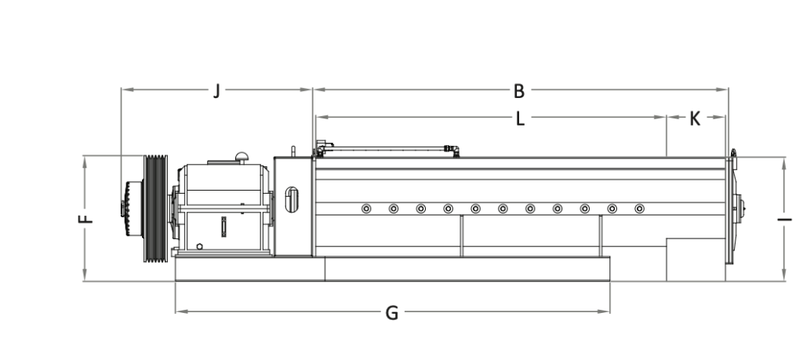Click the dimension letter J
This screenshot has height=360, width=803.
tap(216, 91)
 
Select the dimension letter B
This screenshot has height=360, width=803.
tap(519, 91)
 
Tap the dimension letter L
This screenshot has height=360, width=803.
tap(520, 118)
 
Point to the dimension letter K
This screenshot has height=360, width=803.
tap(695, 118)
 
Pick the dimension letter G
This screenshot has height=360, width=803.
tap(392, 313)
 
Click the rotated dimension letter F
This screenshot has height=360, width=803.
tap(85, 219)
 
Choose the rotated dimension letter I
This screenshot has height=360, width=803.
tap(784, 220)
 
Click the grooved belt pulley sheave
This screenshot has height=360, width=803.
tap(155, 209)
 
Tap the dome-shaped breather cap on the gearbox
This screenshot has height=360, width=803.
tap(242, 157)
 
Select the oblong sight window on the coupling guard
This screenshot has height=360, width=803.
tap(292, 200)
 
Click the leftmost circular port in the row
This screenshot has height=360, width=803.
tap(366, 209)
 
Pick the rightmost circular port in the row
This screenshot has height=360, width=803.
tap(639, 209)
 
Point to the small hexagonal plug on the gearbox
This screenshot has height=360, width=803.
tap(199, 246)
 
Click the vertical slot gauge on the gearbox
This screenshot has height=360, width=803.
tap(223, 227)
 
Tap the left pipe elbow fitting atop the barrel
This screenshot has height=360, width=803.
tap(322, 148)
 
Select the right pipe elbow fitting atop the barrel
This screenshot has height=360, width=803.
tap(452, 150)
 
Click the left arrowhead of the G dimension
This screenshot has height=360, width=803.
tap(180, 311)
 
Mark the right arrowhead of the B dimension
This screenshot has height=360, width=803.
tap(723, 89)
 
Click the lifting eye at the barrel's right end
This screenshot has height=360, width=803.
tap(733, 154)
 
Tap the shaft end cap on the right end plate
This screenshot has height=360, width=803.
tap(739, 209)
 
